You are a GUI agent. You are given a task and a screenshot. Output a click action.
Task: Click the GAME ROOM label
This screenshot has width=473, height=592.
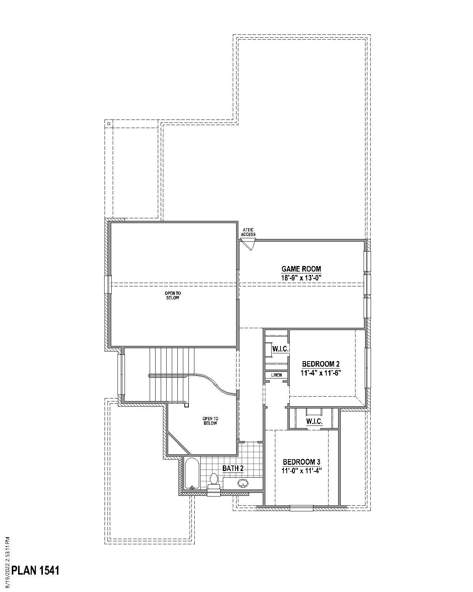tap(301, 269)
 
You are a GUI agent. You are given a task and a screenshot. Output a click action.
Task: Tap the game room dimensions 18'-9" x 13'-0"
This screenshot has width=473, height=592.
tap(301, 278)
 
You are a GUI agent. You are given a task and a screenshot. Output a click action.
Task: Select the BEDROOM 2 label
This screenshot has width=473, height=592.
tap(320, 364)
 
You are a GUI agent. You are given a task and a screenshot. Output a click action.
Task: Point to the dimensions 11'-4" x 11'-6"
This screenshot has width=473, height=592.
tap(320, 373)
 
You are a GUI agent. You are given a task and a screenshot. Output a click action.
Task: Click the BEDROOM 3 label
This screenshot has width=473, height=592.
tap(301, 462)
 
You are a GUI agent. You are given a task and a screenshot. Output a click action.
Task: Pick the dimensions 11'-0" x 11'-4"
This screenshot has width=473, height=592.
tap(301, 471)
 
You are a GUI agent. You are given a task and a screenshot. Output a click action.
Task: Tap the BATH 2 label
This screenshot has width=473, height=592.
tap(233, 468)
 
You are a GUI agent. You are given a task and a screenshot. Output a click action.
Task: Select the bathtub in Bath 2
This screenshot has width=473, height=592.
tap(192, 474)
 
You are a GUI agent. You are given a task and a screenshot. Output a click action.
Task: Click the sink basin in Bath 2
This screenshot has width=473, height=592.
tap(243, 483)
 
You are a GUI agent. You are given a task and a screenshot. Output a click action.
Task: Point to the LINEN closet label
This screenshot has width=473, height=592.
tap(276, 375)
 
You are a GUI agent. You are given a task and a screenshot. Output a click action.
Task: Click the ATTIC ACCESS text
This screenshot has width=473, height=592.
tap(248, 232)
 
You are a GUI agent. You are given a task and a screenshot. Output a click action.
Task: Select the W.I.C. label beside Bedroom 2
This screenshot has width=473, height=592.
tap(280, 349)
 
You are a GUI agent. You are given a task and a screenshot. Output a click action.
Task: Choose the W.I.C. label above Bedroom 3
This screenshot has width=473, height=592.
tap(314, 421)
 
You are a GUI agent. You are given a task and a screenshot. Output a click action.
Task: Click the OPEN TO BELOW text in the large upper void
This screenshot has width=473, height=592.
tap(173, 295)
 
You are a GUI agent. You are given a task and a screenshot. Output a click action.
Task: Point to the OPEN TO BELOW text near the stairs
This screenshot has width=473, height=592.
tap(210, 421)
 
